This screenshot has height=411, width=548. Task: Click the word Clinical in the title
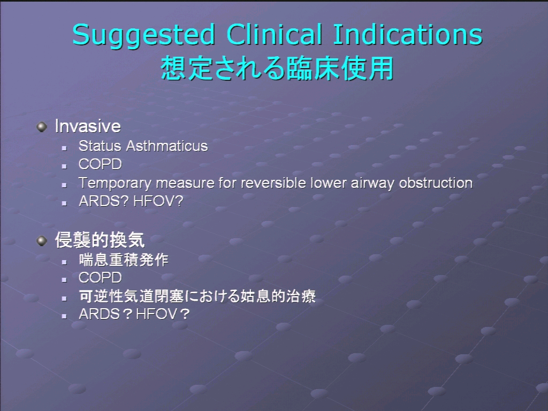pyautogui.click(x=275, y=34)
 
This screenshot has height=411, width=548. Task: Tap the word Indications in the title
pyautogui.click(x=408, y=34)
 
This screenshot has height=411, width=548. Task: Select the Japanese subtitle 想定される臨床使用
pyautogui.click(x=278, y=68)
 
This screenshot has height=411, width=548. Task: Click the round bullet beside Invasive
pyautogui.click(x=42, y=126)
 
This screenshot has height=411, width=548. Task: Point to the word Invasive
pyautogui.click(x=88, y=126)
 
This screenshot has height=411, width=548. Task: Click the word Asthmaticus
pyautogui.click(x=167, y=146)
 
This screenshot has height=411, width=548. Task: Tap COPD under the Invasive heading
pyautogui.click(x=100, y=164)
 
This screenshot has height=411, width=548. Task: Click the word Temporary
pyautogui.click(x=115, y=183)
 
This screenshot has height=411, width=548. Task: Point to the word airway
pyautogui.click(x=372, y=184)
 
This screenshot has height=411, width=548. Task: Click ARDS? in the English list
pyautogui.click(x=104, y=201)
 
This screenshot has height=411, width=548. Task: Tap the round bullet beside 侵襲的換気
pyautogui.click(x=42, y=240)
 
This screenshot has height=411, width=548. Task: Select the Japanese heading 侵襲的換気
pyautogui.click(x=100, y=240)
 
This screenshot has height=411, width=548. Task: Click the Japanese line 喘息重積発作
pyautogui.click(x=124, y=260)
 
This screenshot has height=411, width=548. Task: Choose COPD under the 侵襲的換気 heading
pyautogui.click(x=100, y=278)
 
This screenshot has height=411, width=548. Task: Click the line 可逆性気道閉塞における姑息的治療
pyautogui.click(x=197, y=296)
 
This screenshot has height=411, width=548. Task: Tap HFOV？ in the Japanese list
pyautogui.click(x=163, y=314)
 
